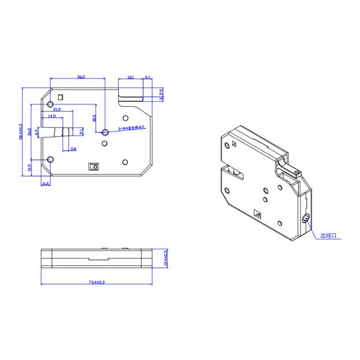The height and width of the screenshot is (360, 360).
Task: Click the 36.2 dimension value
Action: tap(80, 77)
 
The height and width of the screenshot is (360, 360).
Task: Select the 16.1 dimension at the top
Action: tap(130, 77)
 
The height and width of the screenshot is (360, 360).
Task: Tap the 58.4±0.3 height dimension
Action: tap(22, 132)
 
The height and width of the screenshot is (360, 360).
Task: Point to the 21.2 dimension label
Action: tap(56, 110)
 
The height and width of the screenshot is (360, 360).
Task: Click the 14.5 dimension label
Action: tap(52, 116)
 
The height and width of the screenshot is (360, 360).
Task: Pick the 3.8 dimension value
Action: tap(73, 148)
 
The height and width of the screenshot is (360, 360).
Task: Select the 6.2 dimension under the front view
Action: tap(46, 183)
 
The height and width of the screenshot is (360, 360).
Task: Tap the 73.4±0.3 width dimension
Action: tap(97, 281)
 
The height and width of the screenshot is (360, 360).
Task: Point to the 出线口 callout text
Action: tap(329, 236)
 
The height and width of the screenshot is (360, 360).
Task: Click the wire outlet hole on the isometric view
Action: tap(307, 217)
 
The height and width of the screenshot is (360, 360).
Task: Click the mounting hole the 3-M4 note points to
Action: tap(105, 131)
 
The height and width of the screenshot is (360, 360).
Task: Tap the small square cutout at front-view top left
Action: tap(60, 97)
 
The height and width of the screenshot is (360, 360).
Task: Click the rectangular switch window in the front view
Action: tap(93, 166)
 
